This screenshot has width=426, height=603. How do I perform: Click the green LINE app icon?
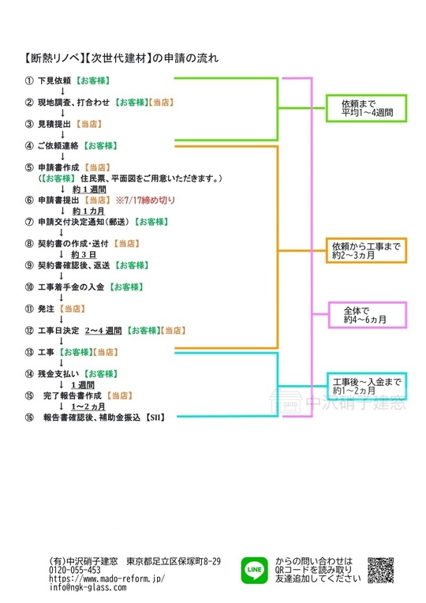click(254, 568)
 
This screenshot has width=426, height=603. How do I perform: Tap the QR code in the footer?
click(381, 569)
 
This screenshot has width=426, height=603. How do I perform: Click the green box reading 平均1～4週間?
click(364, 108)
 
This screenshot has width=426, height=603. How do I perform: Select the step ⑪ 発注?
click(48, 308)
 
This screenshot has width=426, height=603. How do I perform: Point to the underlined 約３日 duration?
click(84, 254)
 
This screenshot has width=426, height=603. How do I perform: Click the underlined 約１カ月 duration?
click(88, 211)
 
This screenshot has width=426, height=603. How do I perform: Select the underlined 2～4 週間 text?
click(103, 330)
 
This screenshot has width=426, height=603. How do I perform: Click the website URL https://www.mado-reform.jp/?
click(106, 579)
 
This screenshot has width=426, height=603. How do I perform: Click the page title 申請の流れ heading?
click(190, 58)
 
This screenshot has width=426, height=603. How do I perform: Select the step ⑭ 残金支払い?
click(58, 373)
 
